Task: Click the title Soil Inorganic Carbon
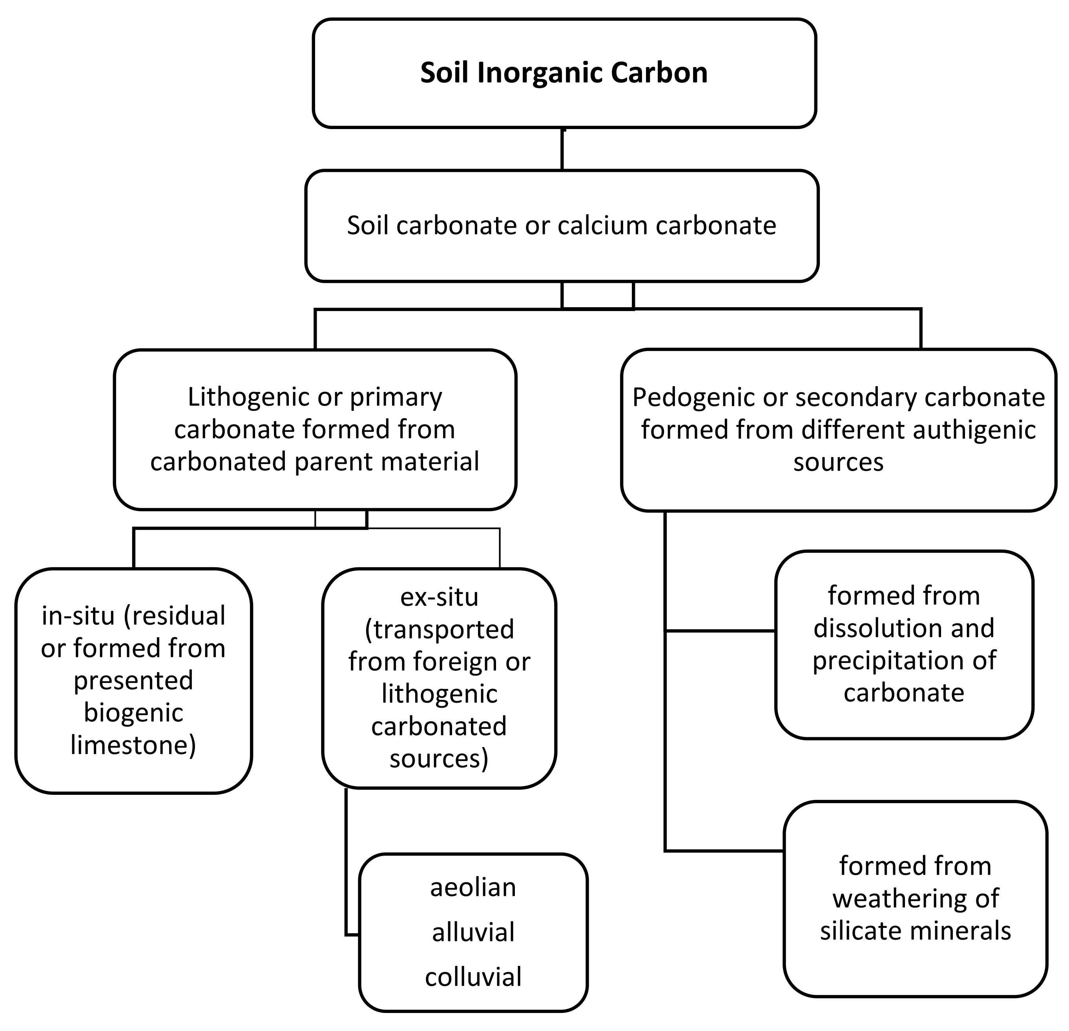click(564, 73)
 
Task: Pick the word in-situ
click(78, 616)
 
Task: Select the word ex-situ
click(439, 597)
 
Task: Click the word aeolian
click(473, 887)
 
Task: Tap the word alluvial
click(473, 932)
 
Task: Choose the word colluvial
click(473, 977)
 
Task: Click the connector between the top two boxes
click(562, 149)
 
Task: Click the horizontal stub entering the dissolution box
click(720, 631)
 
